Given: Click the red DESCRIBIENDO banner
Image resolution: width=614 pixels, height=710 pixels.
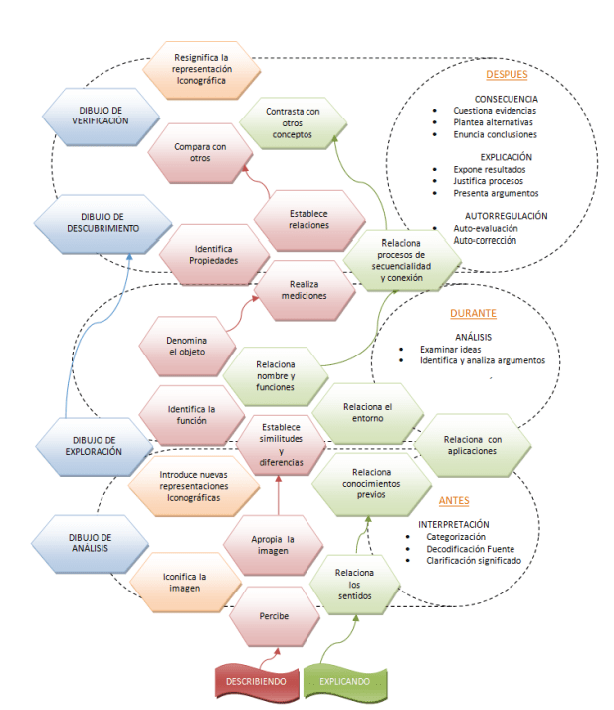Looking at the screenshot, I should [257, 681].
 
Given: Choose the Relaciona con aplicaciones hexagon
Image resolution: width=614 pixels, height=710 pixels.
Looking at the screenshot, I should [472, 445].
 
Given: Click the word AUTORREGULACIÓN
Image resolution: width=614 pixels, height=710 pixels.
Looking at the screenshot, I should [505, 215].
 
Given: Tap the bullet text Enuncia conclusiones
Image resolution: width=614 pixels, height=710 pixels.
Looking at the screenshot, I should [495, 133].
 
